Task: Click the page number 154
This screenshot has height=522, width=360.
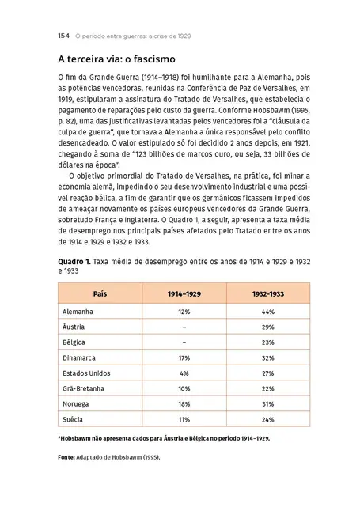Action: click(x=64, y=36)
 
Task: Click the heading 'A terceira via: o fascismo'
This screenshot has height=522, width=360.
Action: click(x=116, y=59)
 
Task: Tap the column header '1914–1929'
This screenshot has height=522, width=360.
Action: click(x=184, y=293)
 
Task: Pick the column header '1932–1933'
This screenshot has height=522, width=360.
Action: click(x=267, y=293)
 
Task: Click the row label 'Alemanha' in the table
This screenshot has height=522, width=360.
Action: click(x=78, y=312)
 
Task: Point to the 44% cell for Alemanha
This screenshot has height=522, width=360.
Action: click(x=267, y=312)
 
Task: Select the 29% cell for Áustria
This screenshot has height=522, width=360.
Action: click(x=267, y=327)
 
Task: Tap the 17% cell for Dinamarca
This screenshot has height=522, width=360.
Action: click(x=184, y=357)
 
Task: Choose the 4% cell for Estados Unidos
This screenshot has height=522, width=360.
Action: click(x=184, y=373)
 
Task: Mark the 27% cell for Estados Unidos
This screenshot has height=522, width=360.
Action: click(x=267, y=373)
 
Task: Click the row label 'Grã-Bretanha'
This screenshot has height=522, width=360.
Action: click(x=83, y=388)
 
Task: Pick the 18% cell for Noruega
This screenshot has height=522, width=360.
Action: click(x=184, y=403)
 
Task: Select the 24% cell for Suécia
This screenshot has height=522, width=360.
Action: click(x=267, y=418)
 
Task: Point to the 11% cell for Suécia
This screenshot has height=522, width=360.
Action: click(x=184, y=418)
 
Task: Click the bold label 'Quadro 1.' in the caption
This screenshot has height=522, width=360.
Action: click(x=74, y=259)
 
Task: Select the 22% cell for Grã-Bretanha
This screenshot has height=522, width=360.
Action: click(x=267, y=388)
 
